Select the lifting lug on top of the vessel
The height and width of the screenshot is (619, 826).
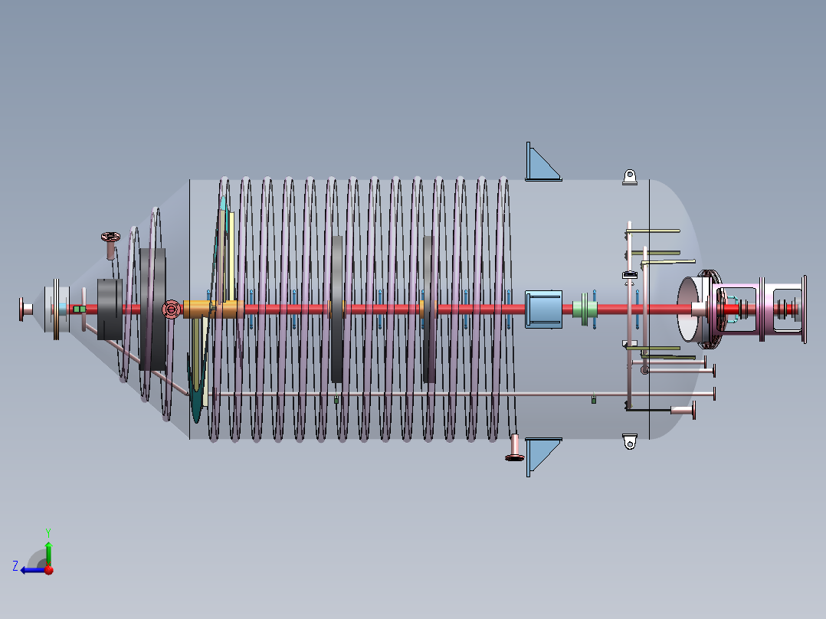(630, 177)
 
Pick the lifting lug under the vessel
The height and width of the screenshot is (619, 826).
(630, 441)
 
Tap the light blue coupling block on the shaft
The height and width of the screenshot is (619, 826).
(544, 309)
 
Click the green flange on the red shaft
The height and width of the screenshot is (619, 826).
(585, 309)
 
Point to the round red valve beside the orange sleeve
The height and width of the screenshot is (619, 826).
(171, 309)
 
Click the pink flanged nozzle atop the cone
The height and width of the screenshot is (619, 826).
(110, 244)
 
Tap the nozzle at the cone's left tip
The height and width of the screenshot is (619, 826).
(25, 309)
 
